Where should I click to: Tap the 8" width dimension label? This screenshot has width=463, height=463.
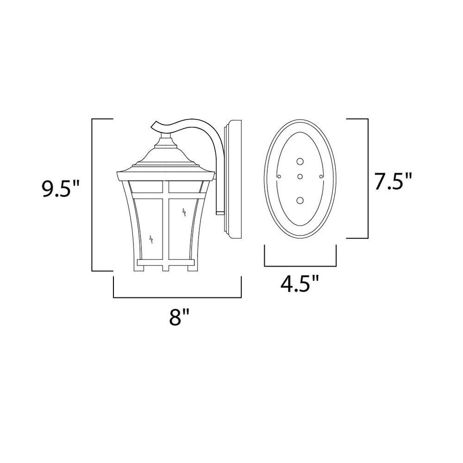click(x=179, y=317)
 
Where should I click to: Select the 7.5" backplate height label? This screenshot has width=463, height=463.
click(x=393, y=181)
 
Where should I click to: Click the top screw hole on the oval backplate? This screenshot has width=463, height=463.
click(x=300, y=162)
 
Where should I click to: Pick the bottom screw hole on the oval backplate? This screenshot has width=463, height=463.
click(x=300, y=201)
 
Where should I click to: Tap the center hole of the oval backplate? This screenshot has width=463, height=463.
click(x=300, y=176)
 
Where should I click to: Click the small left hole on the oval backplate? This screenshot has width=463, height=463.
click(x=279, y=176)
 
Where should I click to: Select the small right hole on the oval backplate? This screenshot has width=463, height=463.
click(x=321, y=176)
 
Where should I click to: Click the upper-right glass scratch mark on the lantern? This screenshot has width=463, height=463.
click(x=184, y=213)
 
